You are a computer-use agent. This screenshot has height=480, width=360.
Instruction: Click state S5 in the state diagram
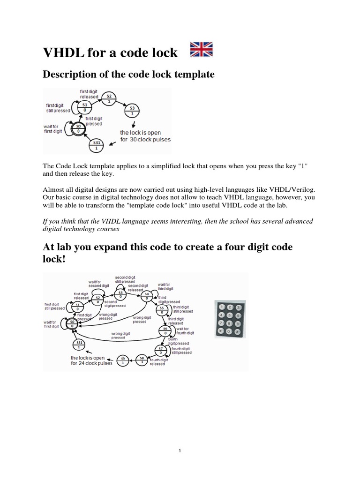pyautogui.click(x=162, y=310)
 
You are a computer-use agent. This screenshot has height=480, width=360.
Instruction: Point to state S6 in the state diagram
pyautogui.click(x=165, y=330)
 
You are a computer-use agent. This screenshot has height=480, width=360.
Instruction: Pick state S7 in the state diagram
pyautogui.click(x=160, y=350)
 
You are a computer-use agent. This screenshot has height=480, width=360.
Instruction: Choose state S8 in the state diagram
pyautogui.click(x=142, y=360)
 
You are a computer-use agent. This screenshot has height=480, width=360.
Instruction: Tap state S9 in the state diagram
pyautogui.click(x=123, y=361)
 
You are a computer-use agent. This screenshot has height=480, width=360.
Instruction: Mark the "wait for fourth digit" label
pyautogui.click(x=182, y=331)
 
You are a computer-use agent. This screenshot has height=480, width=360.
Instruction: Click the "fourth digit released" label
pyautogui.click(x=157, y=361)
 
